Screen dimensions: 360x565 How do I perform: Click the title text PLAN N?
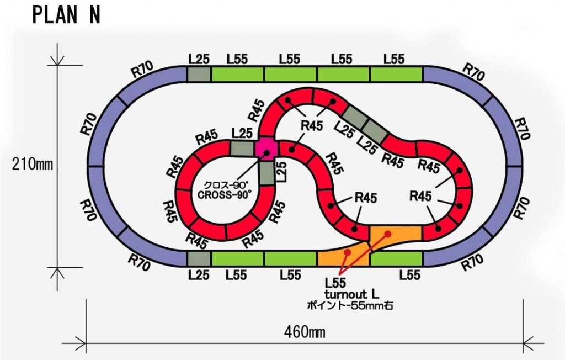click(x=66, y=15)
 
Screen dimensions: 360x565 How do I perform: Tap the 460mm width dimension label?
click(x=304, y=332)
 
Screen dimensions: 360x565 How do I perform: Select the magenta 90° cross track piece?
click(x=266, y=149)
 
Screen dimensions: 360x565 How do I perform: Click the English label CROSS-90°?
click(x=224, y=194)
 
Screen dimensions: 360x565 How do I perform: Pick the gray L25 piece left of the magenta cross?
click(x=242, y=149)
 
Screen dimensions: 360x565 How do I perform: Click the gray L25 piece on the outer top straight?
click(x=198, y=75)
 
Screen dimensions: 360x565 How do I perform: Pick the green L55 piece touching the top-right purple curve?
click(x=396, y=75)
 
